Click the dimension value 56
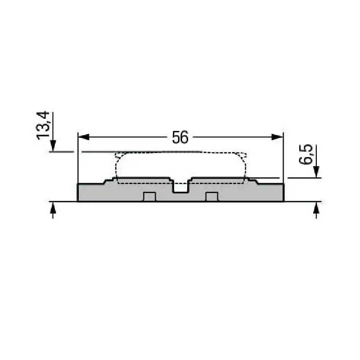pyautogui.click(x=180, y=137)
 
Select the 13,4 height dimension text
pyautogui.click(x=43, y=126)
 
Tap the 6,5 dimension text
pyautogui.click(x=306, y=154)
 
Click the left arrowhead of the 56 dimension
pyautogui.click(x=84, y=137)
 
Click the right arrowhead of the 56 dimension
pyautogui.click(x=277, y=137)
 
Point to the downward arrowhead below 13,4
pyautogui.click(x=53, y=145)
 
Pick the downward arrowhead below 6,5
pyautogui.click(x=316, y=171)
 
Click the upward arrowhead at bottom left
pyautogui.click(x=53, y=207)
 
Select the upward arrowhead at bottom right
pyautogui.click(x=316, y=207)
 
